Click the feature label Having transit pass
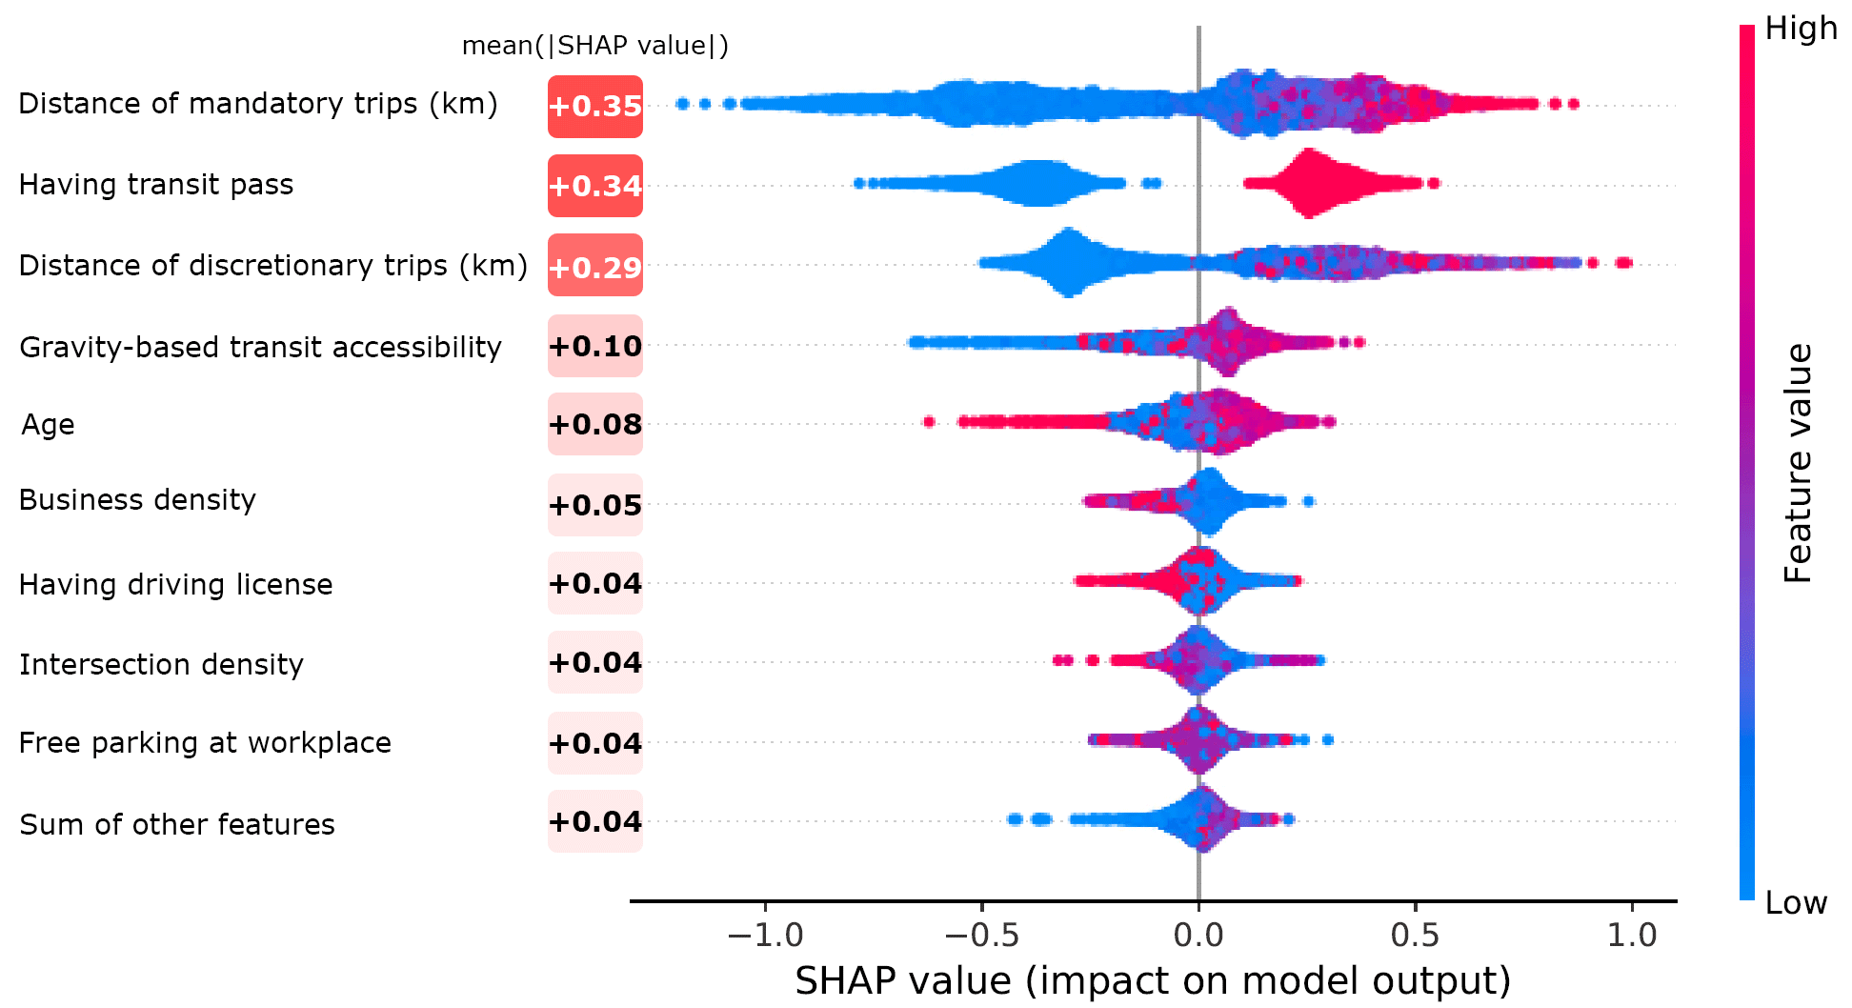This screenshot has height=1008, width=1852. (x=156, y=184)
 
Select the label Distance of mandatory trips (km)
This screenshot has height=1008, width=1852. (x=258, y=103)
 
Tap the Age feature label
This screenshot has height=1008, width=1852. (x=48, y=424)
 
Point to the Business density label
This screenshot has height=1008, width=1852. (x=137, y=499)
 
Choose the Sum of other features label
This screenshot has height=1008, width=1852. (x=177, y=824)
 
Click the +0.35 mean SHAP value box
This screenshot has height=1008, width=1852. (x=595, y=106)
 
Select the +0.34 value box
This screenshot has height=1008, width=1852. (x=595, y=186)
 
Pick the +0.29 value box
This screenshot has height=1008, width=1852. (x=595, y=267)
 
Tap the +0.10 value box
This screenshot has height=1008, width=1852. (x=595, y=346)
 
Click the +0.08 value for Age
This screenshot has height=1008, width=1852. (x=595, y=424)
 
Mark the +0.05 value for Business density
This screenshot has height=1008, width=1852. (x=595, y=505)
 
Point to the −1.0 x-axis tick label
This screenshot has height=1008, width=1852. (x=765, y=936)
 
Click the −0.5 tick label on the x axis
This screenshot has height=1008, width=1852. (x=981, y=936)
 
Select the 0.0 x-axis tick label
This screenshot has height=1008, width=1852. (x=1198, y=936)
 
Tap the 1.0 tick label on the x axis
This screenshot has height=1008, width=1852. (x=1632, y=936)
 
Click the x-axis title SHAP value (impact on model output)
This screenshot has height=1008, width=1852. (x=1153, y=980)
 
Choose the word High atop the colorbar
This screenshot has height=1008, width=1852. (x=1801, y=29)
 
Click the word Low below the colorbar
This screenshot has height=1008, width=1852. (x=1796, y=902)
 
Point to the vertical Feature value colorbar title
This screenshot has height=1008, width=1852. (x=1798, y=463)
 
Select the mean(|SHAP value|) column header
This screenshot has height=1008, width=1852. (x=595, y=46)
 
